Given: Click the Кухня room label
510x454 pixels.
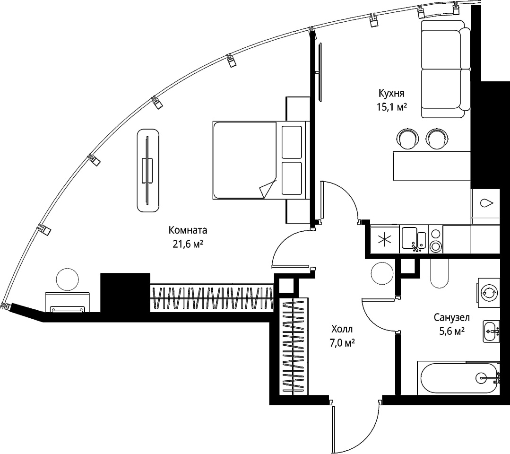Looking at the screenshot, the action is (x=391, y=94).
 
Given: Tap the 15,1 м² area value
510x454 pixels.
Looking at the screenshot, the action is (x=392, y=107).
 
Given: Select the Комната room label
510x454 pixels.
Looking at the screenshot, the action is (x=188, y=230).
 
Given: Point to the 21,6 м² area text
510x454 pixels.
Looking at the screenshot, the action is (x=188, y=244).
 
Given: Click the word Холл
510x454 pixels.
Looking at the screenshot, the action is (x=342, y=329).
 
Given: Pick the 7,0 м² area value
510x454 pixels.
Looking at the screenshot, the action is (x=342, y=343).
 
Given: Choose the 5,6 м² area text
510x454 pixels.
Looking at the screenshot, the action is (x=451, y=332).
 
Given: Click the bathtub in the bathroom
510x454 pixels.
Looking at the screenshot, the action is (x=458, y=378).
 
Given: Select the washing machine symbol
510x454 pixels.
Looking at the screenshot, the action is (x=488, y=293).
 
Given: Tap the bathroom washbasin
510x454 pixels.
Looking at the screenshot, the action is (x=491, y=332).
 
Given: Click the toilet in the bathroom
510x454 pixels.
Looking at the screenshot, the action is (x=440, y=273).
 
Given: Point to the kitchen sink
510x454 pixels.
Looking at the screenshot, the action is (x=414, y=239).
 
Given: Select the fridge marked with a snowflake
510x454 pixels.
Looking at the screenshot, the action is (x=384, y=240).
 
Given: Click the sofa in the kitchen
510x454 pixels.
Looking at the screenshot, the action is (x=446, y=69).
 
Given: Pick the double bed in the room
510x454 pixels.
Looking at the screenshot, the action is (x=259, y=160).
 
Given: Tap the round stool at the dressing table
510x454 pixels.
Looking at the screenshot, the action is (x=67, y=279).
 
